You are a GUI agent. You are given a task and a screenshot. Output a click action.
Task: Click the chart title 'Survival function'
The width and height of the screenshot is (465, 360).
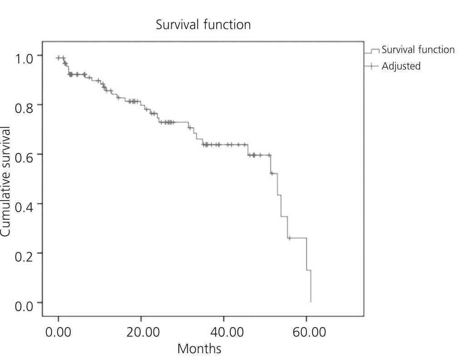203,25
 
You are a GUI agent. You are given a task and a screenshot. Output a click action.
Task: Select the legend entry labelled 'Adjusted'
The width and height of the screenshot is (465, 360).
401,66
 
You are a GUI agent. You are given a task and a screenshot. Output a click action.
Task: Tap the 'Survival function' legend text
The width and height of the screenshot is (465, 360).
418,49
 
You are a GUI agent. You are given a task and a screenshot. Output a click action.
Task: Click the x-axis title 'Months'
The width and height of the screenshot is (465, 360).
199,349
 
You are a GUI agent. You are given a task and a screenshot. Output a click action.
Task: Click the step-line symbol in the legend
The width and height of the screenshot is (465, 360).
372,51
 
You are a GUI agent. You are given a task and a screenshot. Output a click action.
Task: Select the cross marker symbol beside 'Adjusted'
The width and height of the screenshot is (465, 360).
371,66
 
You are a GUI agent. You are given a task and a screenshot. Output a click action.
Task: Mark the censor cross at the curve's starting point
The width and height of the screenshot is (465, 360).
59,58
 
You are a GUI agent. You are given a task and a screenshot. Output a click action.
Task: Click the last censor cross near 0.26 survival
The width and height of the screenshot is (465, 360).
289,238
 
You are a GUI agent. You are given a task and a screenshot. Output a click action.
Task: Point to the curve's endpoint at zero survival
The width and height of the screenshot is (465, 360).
311,301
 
